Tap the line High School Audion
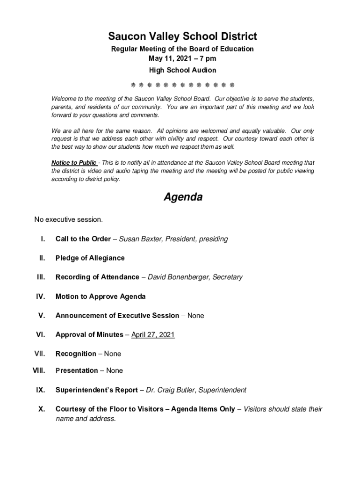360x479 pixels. (182, 70)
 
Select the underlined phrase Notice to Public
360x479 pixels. (74, 163)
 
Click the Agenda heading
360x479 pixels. (183, 197)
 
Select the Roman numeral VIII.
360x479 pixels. (38, 370)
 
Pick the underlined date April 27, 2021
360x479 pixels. (153, 334)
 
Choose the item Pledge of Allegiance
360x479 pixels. (90, 258)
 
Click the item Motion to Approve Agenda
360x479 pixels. (101, 297)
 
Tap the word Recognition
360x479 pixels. (76, 354)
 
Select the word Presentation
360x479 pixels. (77, 370)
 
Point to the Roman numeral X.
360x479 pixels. (42, 409)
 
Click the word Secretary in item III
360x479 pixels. (227, 277)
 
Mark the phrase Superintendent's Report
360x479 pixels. (97, 390)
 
